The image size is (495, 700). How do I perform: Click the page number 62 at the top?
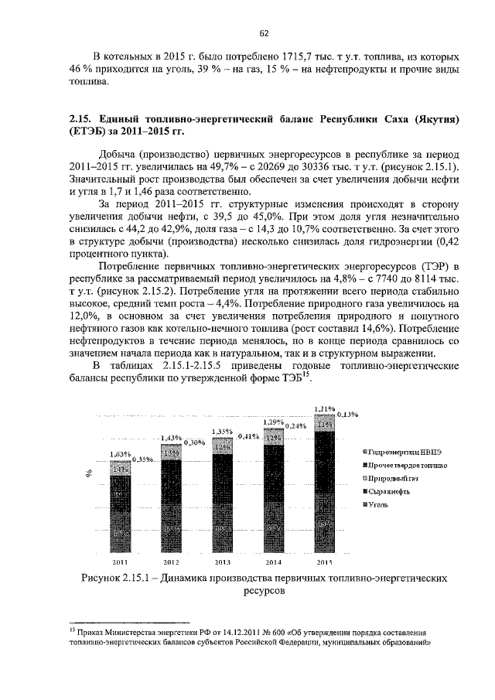pos(263,32)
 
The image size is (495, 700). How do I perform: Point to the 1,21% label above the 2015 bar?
pos(324,408)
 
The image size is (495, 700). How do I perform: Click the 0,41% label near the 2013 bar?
pos(248,436)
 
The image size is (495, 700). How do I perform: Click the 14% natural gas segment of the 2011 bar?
pos(120,470)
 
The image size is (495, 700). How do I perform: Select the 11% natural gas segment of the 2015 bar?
pos(324,424)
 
